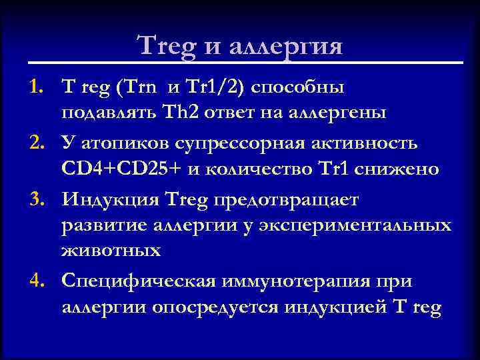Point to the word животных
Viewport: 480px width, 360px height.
pos(111,250)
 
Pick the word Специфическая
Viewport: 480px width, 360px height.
pos(138,281)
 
